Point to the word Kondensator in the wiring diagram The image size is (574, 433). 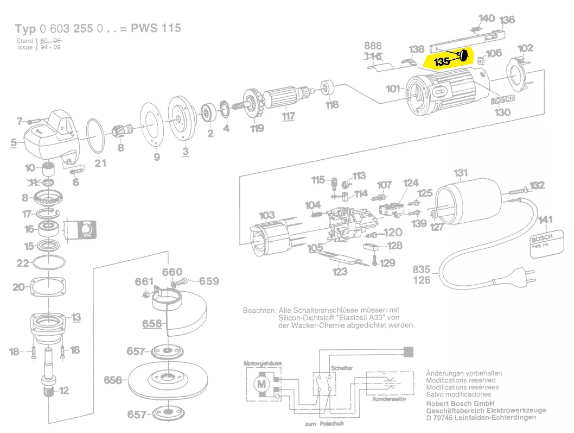pos(389,399)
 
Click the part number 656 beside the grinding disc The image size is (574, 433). pos(113,380)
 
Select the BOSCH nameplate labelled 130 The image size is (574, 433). pos(503,102)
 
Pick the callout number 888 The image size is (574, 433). pos(373,46)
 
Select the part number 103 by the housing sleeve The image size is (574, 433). pos(267,215)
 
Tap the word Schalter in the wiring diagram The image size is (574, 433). pos(342,368)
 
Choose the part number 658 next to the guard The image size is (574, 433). pos(152,324)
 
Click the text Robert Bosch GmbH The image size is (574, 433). pos(460,404)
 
